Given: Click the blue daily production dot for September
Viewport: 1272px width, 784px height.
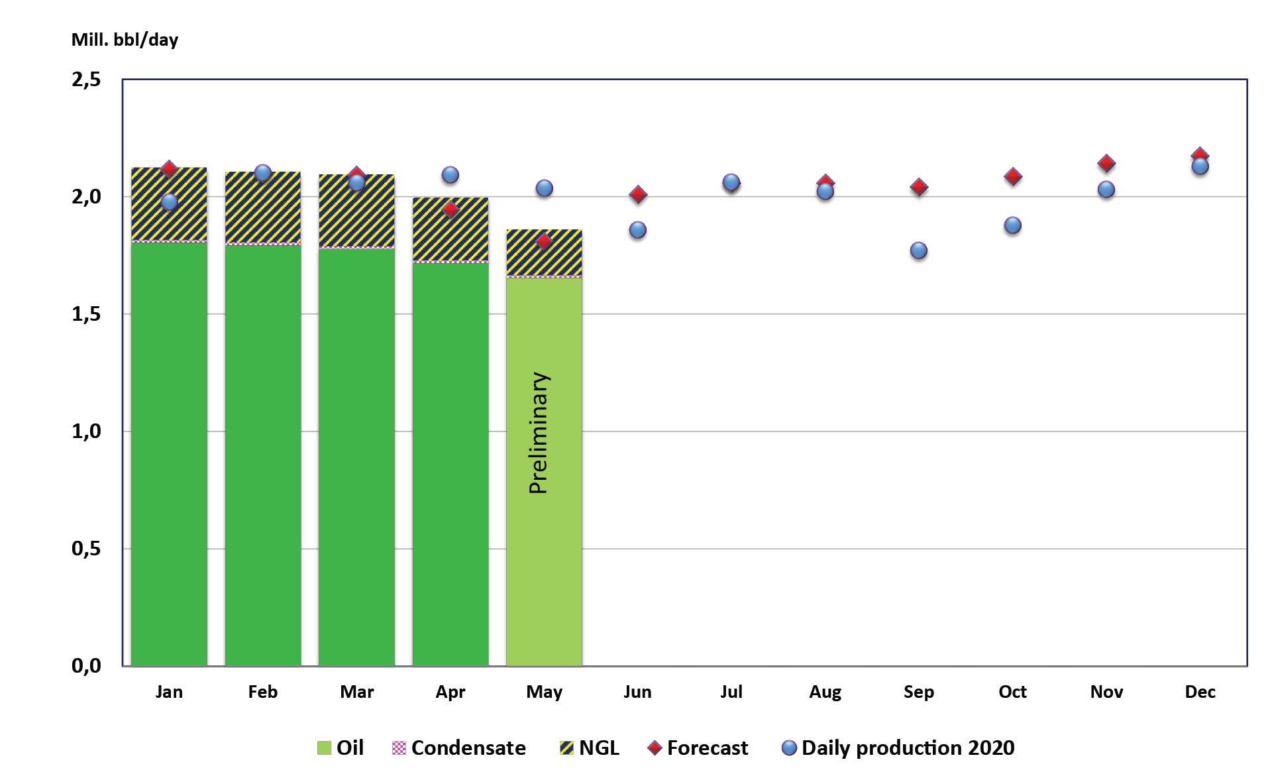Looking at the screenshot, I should point(918,251).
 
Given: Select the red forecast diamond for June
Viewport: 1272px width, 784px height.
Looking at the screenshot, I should point(637,194).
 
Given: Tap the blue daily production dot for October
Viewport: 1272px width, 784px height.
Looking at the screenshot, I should point(1012,225).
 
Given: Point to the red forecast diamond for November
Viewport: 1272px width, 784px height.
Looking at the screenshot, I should point(1106,162).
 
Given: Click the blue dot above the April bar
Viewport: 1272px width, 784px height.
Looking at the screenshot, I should point(450,175).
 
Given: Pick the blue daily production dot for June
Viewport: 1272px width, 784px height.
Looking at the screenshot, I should point(637,230).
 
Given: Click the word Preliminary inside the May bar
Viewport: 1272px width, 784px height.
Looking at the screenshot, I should point(539,433).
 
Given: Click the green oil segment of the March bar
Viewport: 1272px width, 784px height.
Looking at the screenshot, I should point(356,457).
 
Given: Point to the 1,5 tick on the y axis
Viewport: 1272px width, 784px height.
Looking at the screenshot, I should point(86,314).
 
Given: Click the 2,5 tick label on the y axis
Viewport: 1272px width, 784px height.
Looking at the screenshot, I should point(86,80).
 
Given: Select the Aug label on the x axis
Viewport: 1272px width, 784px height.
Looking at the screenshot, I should point(825,692).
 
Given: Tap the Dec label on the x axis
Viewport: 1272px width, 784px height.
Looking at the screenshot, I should point(1200,692).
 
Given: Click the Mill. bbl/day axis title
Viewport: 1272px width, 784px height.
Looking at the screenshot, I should point(125,40).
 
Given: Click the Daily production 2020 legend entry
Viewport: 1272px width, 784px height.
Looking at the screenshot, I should point(898,748).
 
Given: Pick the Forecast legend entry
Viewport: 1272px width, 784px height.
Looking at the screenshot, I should point(698,748).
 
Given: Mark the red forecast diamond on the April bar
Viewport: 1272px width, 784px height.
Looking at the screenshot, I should point(450,209).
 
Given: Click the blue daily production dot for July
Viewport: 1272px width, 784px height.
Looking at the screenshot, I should point(731,182).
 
